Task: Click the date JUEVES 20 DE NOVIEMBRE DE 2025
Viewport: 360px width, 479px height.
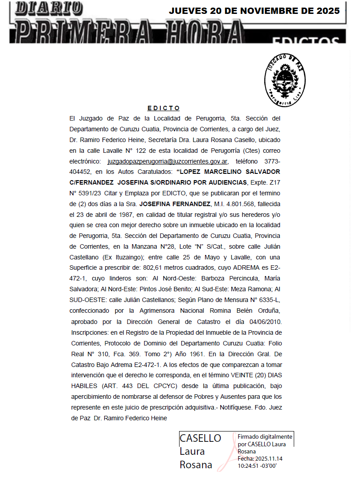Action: (254, 11)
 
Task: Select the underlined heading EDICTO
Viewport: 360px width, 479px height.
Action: (163, 108)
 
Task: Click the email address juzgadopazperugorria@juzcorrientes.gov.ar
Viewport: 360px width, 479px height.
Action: (168, 161)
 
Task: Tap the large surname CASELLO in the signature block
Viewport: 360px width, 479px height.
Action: (200, 438)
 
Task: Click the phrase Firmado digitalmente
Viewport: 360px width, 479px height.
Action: (265, 436)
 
